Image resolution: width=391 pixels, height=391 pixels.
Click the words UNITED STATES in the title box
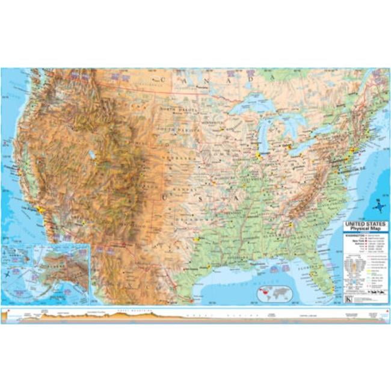coord(365,224)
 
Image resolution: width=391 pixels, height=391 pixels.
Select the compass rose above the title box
coord(378,208)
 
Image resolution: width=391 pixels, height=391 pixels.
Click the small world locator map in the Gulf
coord(274,293)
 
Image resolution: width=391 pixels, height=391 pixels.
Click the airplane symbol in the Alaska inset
coord(8,274)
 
